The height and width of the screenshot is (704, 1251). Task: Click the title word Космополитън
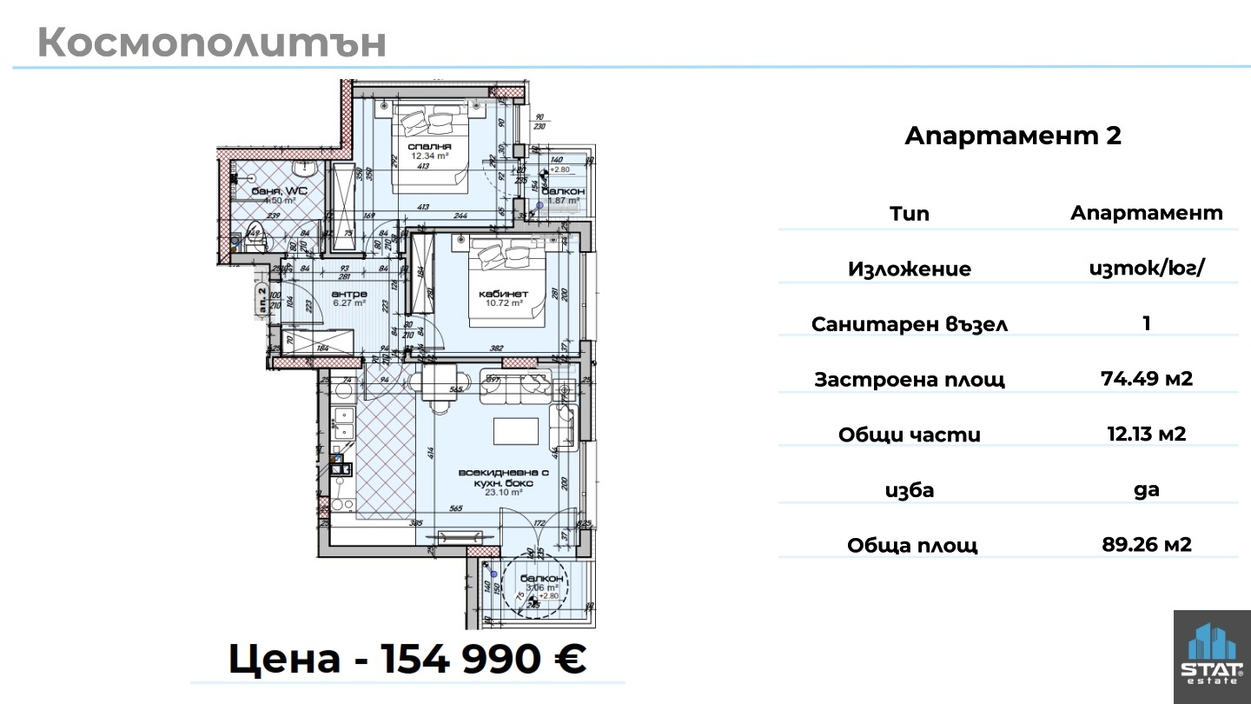coord(212,43)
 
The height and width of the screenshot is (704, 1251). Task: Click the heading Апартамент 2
coord(1013,136)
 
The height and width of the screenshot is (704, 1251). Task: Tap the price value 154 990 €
coord(470,660)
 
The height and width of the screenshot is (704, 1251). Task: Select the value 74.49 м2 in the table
coord(1146,379)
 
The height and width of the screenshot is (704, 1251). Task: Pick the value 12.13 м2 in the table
coord(1146,434)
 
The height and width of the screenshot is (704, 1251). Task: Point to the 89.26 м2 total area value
coord(1146,545)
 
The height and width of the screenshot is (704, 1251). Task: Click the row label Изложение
coord(909,269)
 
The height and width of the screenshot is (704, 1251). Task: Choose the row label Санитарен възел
coord(909,324)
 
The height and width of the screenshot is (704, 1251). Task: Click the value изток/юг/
coord(1146,269)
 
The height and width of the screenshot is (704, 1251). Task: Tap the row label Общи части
coord(909,435)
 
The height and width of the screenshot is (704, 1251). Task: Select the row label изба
coord(909,490)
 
